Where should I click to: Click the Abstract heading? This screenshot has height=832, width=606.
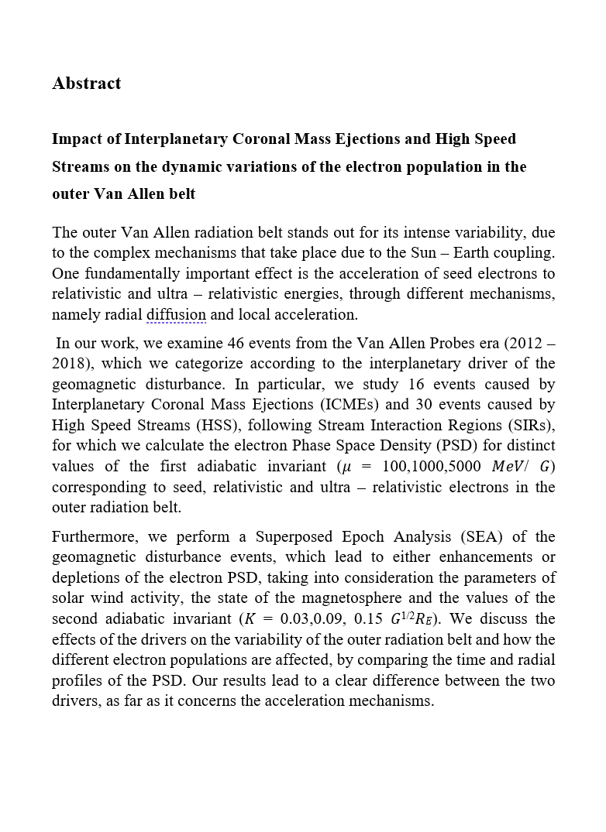pos(86,84)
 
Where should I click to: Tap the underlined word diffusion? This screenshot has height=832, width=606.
pos(176,315)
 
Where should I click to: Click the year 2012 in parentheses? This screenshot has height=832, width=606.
pos(523,343)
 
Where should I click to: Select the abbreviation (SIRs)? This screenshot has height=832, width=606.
pos(529,425)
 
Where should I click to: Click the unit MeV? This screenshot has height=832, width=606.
pos(513,467)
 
